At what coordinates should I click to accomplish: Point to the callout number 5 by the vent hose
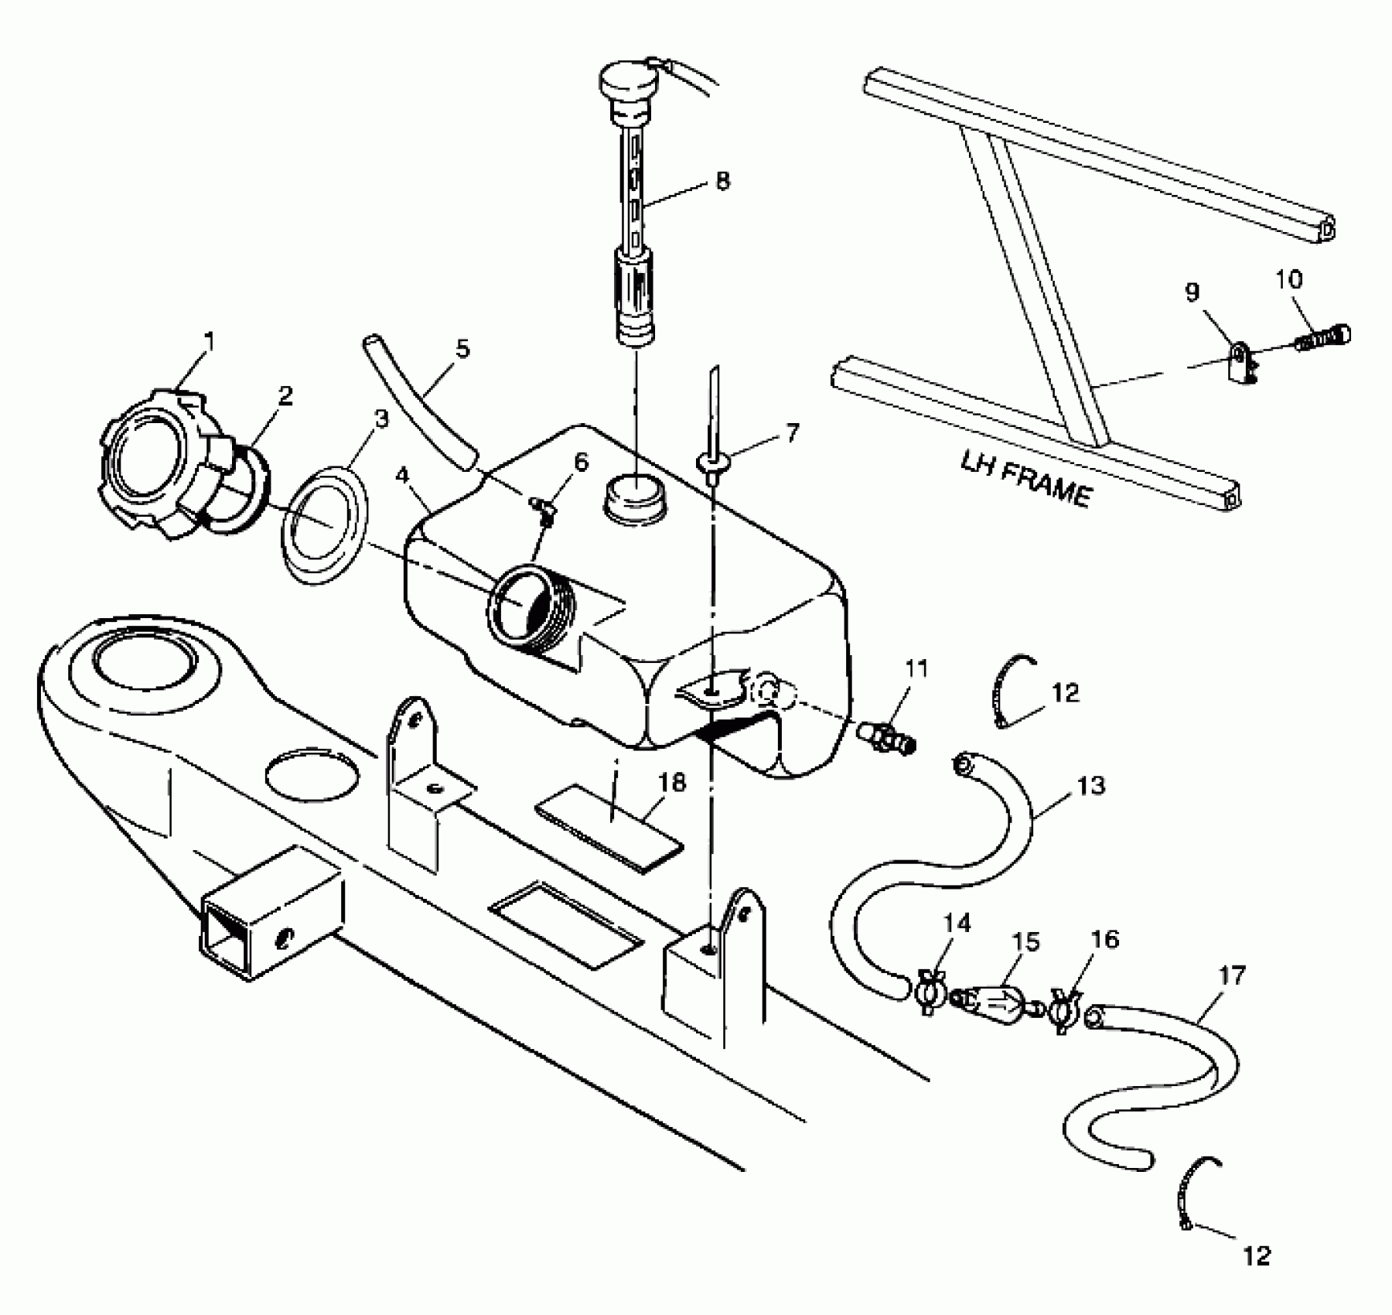(x=462, y=349)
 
